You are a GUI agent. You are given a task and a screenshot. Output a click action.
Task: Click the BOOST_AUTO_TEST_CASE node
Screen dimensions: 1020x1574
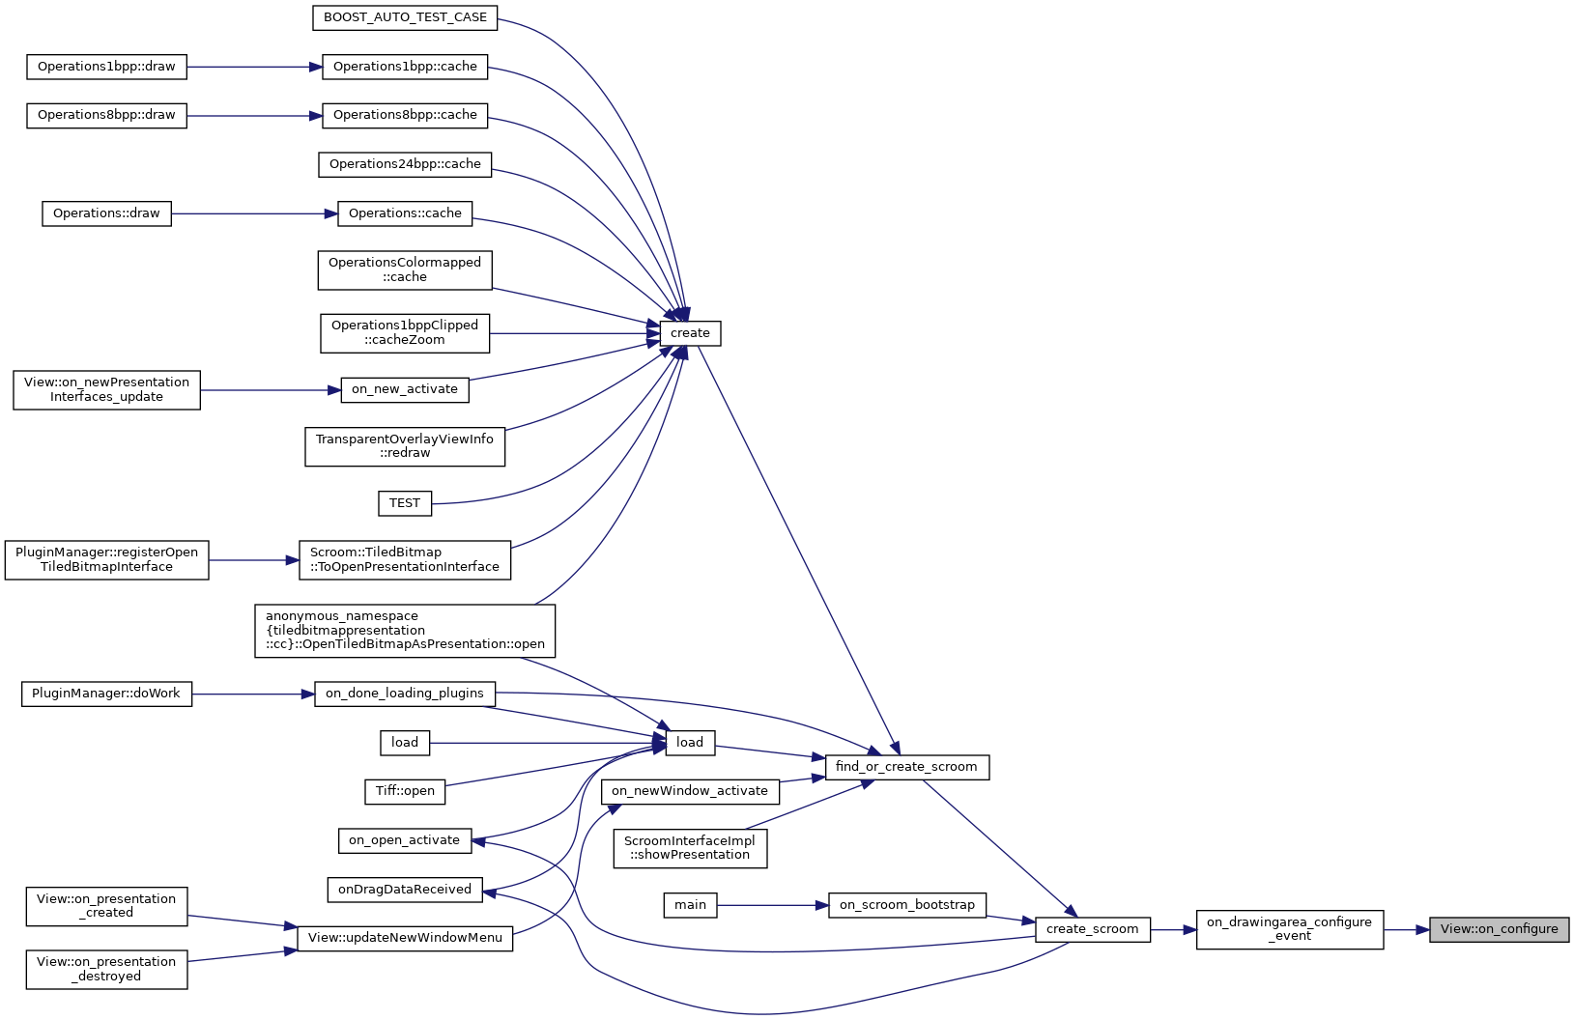[405, 17]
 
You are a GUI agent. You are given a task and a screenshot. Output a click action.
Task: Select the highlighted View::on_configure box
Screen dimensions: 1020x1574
[1499, 929]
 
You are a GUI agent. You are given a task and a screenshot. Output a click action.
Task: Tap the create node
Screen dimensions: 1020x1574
[690, 333]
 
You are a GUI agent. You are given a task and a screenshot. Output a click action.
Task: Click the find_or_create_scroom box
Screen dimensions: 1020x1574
[905, 767]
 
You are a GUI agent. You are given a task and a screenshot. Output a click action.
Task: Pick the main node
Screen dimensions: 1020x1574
[690, 905]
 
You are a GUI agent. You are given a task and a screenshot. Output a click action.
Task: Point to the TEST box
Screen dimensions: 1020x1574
[405, 503]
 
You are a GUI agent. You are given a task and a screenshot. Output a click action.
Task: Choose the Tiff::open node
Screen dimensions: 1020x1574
[405, 791]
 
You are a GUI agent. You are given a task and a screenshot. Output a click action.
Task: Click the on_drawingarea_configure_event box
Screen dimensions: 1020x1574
[1289, 929]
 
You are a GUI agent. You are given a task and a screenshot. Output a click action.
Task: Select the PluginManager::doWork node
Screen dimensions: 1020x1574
[106, 694]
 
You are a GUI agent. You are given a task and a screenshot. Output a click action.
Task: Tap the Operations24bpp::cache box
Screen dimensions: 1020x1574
[405, 164]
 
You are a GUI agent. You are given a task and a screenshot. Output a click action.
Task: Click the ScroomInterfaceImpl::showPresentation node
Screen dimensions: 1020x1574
[690, 848]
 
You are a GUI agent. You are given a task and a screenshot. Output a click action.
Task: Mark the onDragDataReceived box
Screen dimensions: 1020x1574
[405, 890]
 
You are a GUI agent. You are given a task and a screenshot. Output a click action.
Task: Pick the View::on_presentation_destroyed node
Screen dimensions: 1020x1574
[106, 969]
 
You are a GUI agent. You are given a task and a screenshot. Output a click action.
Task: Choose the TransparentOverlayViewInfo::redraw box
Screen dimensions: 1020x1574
[405, 446]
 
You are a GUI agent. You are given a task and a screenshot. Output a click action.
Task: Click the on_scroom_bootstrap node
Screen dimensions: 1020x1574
[906, 905]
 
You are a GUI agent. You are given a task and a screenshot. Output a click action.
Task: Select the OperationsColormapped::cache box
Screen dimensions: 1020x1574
[405, 269]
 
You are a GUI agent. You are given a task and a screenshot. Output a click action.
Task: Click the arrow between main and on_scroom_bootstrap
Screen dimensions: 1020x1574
[772, 905]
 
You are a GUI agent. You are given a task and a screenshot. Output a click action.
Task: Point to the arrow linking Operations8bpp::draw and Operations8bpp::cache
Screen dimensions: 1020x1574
[253, 116]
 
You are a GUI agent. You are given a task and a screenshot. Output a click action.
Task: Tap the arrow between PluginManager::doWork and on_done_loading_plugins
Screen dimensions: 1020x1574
[253, 694]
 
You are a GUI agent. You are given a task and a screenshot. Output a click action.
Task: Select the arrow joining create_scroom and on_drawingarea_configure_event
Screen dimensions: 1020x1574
[1173, 930]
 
